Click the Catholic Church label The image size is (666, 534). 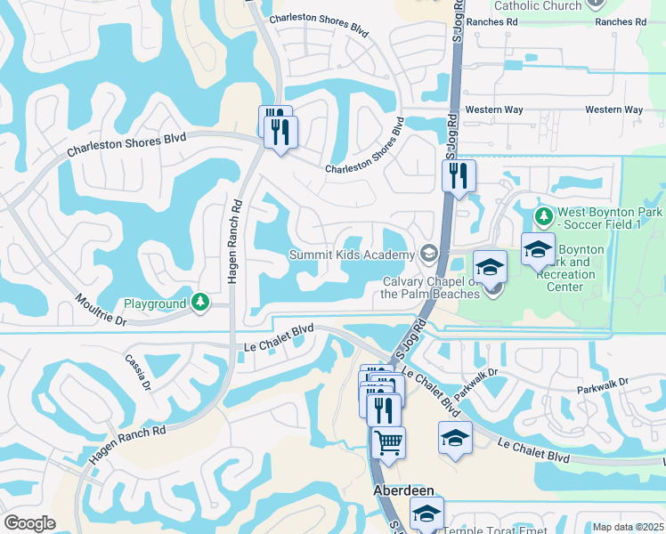[x=537, y=5]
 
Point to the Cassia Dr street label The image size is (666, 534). [x=141, y=374]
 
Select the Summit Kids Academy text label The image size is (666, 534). [x=351, y=255]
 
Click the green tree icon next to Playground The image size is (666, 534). [x=201, y=303]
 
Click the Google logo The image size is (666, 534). [x=29, y=523]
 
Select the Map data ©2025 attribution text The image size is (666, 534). [x=628, y=527]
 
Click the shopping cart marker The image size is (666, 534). [x=388, y=441]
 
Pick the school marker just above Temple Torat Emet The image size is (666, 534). [x=426, y=513]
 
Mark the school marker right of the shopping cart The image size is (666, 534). [x=455, y=437]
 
